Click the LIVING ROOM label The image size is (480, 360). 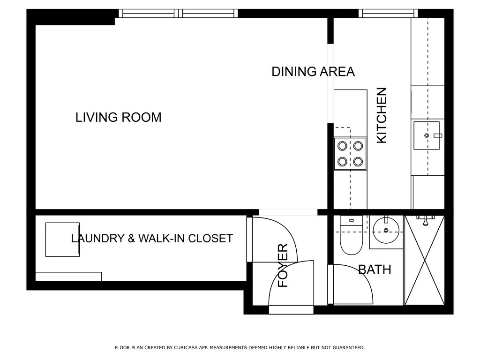click(x=119, y=117)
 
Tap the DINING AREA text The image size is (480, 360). click(x=313, y=71)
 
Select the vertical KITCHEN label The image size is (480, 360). click(x=382, y=115)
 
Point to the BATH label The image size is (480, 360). click(x=375, y=270)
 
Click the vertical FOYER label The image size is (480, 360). click(x=283, y=265)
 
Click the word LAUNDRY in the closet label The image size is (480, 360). click(x=97, y=239)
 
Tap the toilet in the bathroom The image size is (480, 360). click(x=352, y=235)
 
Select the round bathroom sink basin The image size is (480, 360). click(x=386, y=230)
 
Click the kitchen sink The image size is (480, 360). click(x=427, y=135)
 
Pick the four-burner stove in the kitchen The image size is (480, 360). click(x=350, y=154)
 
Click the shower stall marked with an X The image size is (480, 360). click(x=424, y=260)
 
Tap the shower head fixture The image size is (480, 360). click(x=426, y=220)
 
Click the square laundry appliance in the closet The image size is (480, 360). click(x=62, y=240)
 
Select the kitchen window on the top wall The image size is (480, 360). click(x=388, y=14)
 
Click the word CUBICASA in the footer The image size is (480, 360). click(x=185, y=347)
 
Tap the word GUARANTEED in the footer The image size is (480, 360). click(x=349, y=347)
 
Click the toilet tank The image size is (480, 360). click(x=352, y=221)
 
